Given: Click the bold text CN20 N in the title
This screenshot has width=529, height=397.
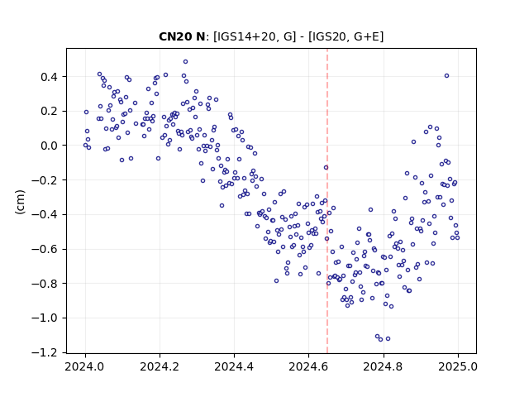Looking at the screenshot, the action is coord(182,36).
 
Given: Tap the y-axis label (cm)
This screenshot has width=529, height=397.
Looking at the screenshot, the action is coord(20,202).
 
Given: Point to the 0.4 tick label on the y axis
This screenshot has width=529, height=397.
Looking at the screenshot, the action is coord(50,77).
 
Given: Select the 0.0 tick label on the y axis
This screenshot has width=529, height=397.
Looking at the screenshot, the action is coord(50,146).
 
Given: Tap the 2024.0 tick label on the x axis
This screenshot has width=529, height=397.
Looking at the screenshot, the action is coord(85,366).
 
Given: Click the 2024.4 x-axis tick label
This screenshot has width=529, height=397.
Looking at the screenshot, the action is coord(234,366).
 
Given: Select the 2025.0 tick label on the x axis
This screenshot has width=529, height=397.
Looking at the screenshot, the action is coord(458,366).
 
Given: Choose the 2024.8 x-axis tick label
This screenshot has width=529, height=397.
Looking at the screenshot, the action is coord(383,366).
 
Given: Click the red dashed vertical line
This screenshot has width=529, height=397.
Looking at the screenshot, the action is coord(327,201).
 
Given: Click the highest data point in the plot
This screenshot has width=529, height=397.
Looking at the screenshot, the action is coord(185,62).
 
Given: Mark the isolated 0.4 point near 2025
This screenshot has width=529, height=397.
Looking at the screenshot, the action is coord(446,76).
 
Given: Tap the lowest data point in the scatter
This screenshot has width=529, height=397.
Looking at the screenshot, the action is coord(380,339).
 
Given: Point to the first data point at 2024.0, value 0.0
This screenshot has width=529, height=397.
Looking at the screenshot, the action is coord(85,146).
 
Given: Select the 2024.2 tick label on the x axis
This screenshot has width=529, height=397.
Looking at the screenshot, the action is coord(160,366).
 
